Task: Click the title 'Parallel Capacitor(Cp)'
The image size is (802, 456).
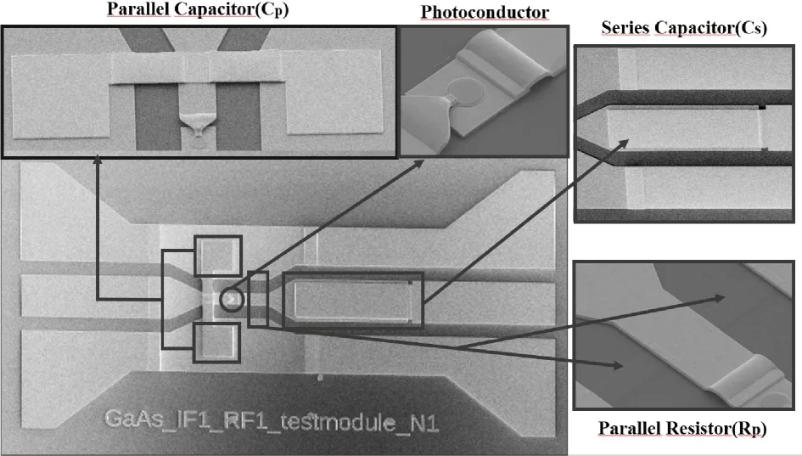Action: [198, 9]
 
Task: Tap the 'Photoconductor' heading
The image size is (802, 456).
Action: [485, 12]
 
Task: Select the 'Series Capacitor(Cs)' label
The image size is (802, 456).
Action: [684, 28]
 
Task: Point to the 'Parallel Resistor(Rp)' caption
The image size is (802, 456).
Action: [682, 428]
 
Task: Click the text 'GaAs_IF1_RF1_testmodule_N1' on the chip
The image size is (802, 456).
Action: [272, 421]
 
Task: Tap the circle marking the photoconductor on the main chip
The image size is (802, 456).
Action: [232, 300]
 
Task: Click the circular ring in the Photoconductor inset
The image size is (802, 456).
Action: [467, 91]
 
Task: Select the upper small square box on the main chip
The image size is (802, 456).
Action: [218, 256]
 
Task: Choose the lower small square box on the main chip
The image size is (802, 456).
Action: [217, 343]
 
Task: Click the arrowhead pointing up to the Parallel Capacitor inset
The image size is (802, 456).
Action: [98, 160]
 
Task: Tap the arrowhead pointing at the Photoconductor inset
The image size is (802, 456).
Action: [418, 164]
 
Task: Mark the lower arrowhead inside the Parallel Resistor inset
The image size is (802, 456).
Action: [617, 365]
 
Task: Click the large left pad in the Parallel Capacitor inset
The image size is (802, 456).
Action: [60, 96]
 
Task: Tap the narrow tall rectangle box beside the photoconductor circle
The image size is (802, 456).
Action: [258, 300]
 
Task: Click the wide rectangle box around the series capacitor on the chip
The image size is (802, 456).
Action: [353, 300]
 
